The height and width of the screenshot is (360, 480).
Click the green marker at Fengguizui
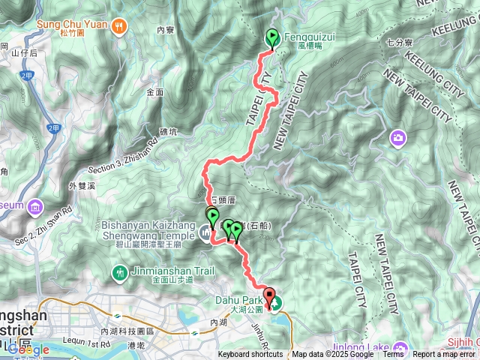tap(271, 37)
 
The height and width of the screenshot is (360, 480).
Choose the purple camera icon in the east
tap(397, 137)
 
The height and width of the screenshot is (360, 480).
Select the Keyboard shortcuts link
tap(251, 355)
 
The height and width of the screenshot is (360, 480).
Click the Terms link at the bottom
tap(394, 355)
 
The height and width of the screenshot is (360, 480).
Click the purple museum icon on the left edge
tap(35, 206)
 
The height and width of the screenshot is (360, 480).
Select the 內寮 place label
tap(166, 30)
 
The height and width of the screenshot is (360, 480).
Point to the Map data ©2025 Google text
tap(333, 355)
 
